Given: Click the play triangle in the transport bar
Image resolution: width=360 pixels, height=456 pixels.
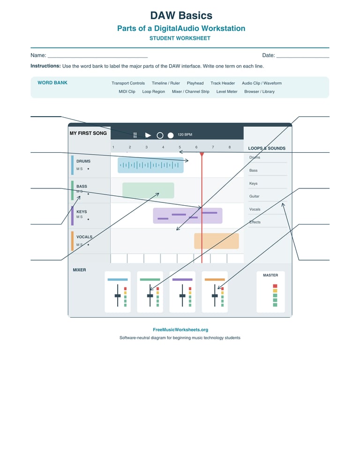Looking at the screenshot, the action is tap(148, 135).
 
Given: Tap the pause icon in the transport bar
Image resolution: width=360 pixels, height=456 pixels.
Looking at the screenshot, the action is tap(135, 135).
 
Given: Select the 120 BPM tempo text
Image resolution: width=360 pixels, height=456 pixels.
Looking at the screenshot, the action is tap(185, 135).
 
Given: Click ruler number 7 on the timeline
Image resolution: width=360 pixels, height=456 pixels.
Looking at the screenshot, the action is tap(213, 147).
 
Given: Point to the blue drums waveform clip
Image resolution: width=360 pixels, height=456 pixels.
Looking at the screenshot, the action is tap(150, 165).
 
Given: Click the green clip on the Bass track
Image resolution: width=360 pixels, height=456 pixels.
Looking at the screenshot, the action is tap(148, 190).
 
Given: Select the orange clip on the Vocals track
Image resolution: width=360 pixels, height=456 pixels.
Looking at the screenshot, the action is tap(217, 241).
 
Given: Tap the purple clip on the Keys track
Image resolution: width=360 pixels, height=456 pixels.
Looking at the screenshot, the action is tap(187, 216).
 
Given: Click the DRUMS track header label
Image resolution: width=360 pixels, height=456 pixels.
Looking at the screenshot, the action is tap(83, 161).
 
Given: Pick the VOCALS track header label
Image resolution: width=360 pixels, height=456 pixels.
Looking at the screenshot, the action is tap(84, 237).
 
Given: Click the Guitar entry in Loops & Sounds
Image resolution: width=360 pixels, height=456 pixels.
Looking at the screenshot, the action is tap(254, 196).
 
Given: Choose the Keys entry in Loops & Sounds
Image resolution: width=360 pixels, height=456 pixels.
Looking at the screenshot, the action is tap(253, 184).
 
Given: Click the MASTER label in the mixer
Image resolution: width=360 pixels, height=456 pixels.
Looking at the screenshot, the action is tap(270, 275).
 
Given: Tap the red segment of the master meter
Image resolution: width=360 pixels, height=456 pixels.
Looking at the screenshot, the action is tap(275, 286).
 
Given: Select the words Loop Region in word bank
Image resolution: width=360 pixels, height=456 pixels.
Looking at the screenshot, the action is tap(154, 91).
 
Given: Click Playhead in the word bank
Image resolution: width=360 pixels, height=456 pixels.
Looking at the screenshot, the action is tap(195, 83).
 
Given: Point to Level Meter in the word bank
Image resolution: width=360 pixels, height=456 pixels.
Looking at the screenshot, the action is tap(227, 91).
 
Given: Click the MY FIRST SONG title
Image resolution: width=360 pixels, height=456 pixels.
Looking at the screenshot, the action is tap(88, 133).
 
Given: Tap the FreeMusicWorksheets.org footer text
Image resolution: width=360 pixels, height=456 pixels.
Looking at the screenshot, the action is tap(180, 330).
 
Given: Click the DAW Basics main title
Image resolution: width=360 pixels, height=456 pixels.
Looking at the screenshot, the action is tap(181, 15).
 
